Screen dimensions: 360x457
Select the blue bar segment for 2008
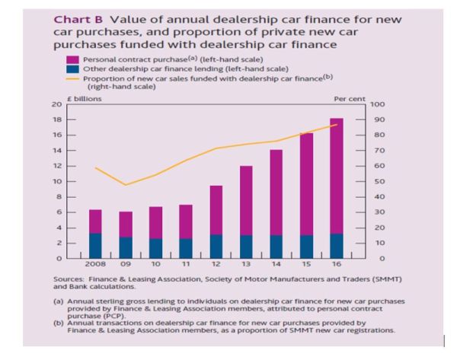click(96, 245)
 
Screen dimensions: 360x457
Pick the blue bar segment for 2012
click(216, 246)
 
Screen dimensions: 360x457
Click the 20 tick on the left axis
click(57, 104)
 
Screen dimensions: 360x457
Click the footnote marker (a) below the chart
click(56, 301)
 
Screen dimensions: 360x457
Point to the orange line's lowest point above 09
click(126, 185)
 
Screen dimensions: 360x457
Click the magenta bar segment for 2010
click(155, 222)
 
